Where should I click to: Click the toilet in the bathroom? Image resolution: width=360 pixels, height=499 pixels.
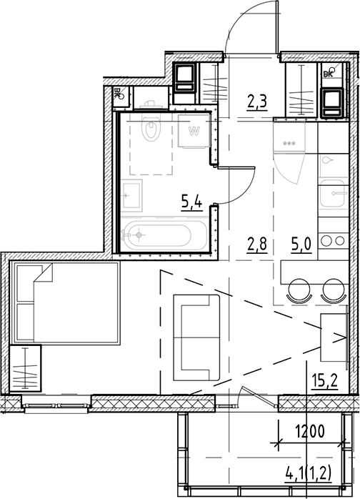click(x=151, y=129)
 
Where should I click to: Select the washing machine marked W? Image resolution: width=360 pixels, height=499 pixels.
click(x=193, y=132)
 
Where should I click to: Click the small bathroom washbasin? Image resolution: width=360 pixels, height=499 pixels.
click(x=131, y=193)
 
